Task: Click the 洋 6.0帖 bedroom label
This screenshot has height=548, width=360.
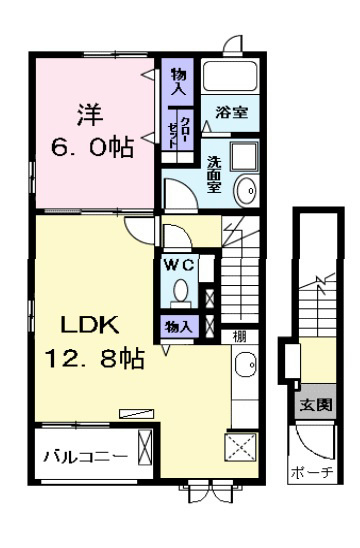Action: tap(92, 131)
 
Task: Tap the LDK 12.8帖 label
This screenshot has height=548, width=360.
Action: tap(94, 341)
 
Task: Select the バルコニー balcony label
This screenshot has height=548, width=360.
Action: tap(86, 457)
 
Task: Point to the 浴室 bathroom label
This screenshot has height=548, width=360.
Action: tap(232, 113)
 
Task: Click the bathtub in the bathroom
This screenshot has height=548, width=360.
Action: tap(231, 77)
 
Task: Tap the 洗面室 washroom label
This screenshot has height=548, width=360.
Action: tap(214, 174)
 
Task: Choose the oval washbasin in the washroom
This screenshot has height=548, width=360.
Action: tap(246, 191)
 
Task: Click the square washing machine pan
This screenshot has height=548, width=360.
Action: tap(244, 157)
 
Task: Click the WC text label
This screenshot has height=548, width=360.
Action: tap(179, 266)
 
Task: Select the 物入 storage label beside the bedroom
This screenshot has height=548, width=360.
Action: tap(178, 82)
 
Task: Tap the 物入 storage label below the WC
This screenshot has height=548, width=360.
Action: tap(178, 327)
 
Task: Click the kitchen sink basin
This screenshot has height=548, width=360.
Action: tap(246, 364)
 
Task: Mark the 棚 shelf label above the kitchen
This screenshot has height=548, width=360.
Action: tap(239, 336)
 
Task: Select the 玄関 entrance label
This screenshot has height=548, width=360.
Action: tap(316, 405)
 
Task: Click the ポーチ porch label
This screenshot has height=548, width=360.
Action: tap(312, 473)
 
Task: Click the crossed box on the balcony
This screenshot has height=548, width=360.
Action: tap(145, 447)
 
